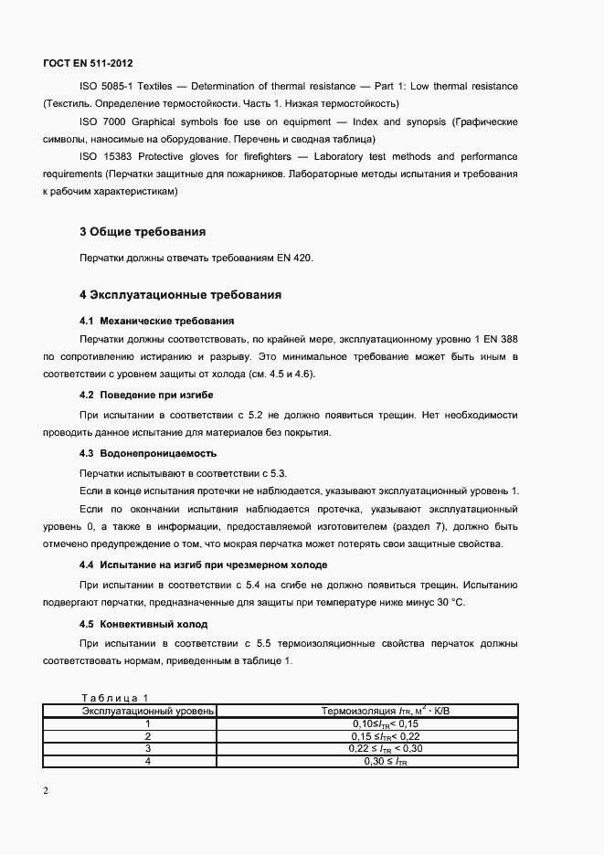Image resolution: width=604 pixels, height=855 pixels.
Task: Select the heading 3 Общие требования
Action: pos(142,231)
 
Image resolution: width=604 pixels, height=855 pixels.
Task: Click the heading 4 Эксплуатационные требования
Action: pos(180,295)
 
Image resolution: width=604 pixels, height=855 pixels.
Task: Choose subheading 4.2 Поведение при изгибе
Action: pos(147,394)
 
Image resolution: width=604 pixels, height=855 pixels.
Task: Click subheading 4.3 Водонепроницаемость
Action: pos(148,453)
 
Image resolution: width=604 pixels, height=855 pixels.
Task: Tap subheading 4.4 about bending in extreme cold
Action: pos(203,565)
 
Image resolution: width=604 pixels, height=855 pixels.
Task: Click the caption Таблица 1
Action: pos(114,698)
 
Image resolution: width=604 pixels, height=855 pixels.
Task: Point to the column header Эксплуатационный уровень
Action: pos(148,710)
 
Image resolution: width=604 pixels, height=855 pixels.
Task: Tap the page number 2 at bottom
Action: pos(46,791)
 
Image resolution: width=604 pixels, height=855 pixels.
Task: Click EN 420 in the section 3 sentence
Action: pos(296,259)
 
